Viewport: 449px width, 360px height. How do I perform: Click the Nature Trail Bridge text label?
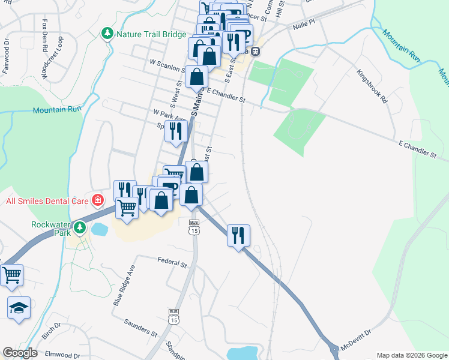pos(151,34)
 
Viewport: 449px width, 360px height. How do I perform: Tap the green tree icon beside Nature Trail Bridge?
pos(108,33)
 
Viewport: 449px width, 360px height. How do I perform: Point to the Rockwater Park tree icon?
pos(80,227)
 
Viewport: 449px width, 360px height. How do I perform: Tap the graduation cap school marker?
pos(19,308)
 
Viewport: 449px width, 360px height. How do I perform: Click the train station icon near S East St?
pos(255,51)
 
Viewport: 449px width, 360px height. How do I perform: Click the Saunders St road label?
pos(140,329)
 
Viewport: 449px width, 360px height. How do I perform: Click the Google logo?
pos(20,353)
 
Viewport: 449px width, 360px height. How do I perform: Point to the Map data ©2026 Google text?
pos(411,355)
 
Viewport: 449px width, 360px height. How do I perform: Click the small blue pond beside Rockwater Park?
pos(99,229)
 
